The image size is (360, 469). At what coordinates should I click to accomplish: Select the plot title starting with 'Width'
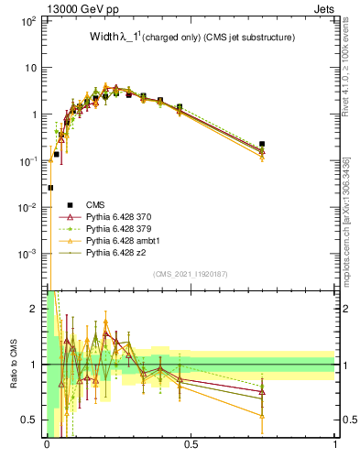coord(191,38)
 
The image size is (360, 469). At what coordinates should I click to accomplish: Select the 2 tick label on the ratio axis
coord(34,310)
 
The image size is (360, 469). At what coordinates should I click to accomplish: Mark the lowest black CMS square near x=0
coord(50,188)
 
